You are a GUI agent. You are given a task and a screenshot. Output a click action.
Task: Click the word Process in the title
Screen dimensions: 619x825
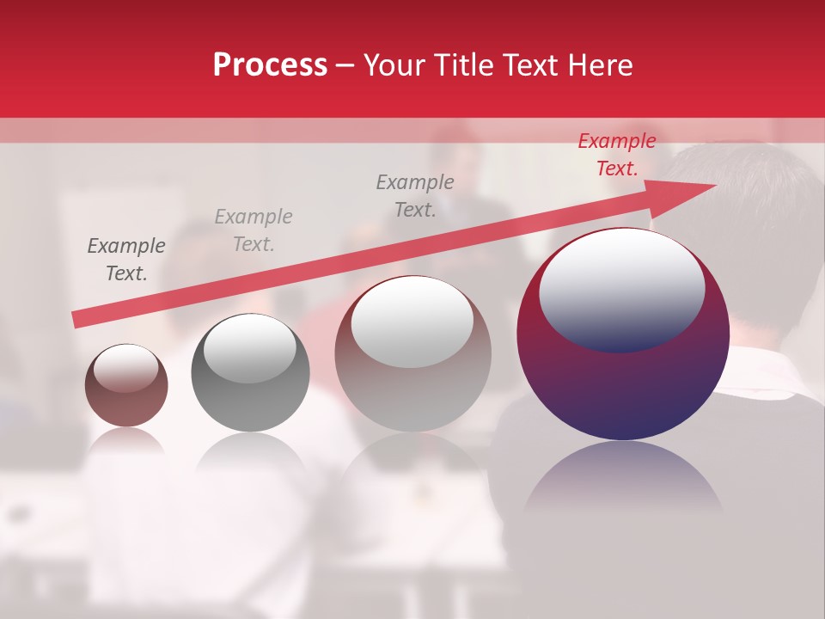point(270,65)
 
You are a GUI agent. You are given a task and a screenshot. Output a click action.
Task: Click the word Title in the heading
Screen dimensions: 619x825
point(463,65)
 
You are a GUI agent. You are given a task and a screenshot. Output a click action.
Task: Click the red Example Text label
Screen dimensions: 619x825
point(616,155)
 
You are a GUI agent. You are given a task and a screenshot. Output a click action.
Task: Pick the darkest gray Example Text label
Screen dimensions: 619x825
point(126,260)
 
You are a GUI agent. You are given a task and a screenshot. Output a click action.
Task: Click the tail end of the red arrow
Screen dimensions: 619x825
point(79,319)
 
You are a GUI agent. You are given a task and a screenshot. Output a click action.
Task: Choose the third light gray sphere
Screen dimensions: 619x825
point(412,378)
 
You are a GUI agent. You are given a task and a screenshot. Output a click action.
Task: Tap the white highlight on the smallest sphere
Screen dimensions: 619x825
point(125,368)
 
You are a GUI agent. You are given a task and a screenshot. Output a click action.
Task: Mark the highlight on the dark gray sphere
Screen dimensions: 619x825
point(249,348)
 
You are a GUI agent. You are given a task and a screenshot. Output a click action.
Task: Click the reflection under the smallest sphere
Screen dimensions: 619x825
point(126,442)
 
